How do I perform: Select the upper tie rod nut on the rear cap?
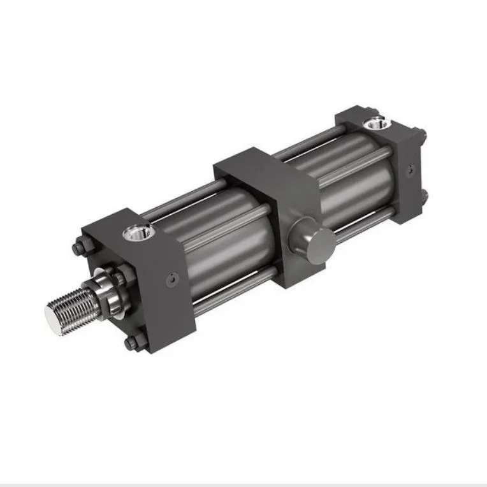point(421,134)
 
